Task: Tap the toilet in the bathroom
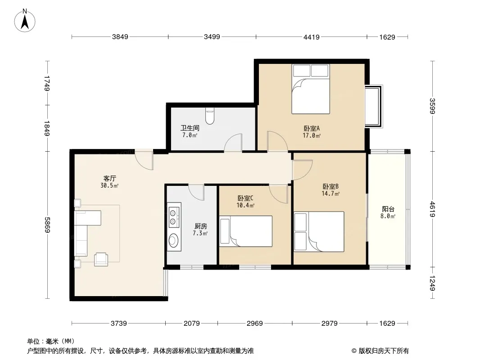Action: click(x=210, y=116)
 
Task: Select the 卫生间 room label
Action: click(x=190, y=128)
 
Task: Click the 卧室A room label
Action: click(x=312, y=128)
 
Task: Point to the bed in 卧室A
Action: click(x=310, y=89)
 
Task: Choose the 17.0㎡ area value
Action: click(x=312, y=135)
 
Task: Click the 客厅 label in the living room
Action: click(x=109, y=178)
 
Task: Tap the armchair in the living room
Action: click(x=101, y=259)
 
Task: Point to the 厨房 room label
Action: click(x=200, y=226)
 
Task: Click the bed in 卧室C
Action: click(x=246, y=231)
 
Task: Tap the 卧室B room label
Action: click(x=331, y=186)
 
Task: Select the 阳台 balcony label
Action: click(x=388, y=209)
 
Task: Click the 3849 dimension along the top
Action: click(x=120, y=37)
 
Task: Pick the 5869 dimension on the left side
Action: click(x=47, y=225)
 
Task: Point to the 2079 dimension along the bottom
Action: click(x=192, y=323)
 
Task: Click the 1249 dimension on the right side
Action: click(x=432, y=283)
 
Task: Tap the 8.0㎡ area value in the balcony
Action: click(x=388, y=216)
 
